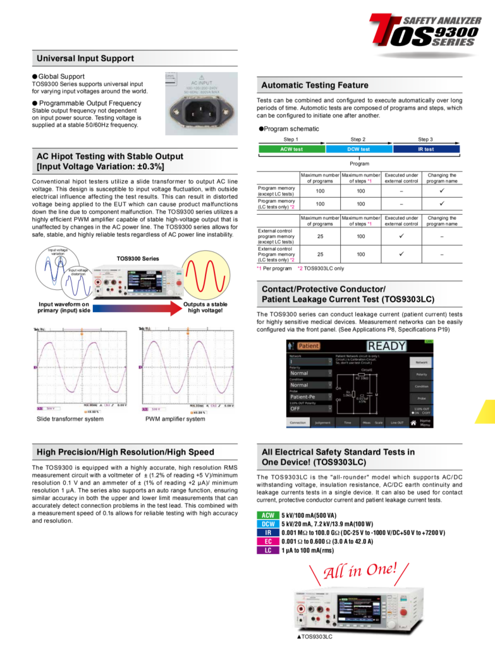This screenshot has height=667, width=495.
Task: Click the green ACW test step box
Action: (291, 149)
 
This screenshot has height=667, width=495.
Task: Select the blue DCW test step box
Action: (358, 149)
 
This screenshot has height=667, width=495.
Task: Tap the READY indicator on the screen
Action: (386, 346)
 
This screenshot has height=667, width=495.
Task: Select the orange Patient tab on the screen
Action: (308, 346)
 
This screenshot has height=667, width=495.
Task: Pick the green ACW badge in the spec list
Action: (268, 515)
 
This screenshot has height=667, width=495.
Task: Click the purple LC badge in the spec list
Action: (268, 550)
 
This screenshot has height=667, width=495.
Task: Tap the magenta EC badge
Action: (268, 541)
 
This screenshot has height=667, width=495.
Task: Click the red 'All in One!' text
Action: (360, 570)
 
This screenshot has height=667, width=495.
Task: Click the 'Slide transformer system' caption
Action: (70, 419)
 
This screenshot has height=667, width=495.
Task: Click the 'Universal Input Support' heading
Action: (85, 59)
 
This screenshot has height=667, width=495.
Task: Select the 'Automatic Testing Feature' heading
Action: (315, 85)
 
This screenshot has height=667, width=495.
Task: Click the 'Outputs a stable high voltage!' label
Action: (206, 307)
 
